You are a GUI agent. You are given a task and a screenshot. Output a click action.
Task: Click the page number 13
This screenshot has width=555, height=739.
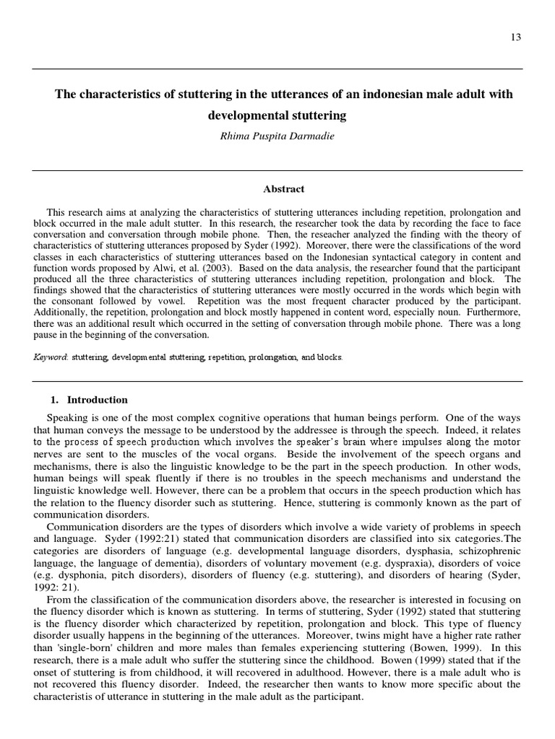coord(515,38)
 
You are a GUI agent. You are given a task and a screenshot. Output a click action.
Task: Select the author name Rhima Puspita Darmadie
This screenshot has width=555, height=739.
coord(277,134)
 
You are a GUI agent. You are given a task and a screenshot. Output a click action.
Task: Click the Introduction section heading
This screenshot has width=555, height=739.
coord(97,400)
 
